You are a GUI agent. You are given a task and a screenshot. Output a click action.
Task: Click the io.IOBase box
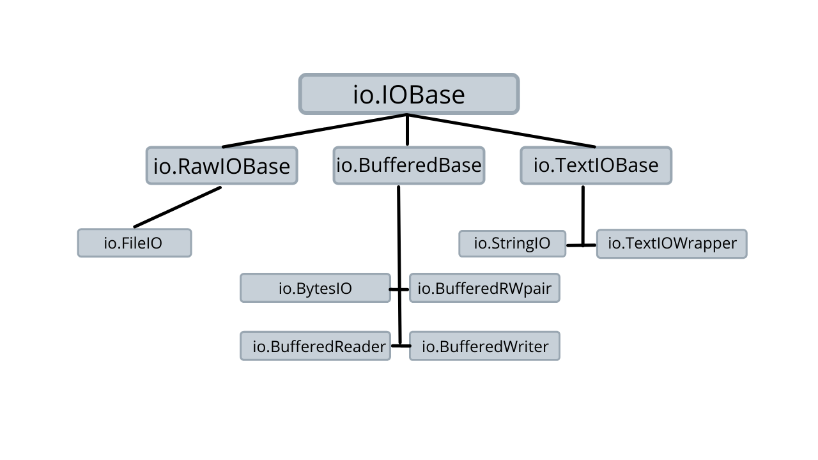(409, 94)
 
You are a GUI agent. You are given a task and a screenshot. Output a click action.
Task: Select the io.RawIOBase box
(222, 165)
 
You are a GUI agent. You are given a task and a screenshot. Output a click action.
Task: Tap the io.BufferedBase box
(409, 165)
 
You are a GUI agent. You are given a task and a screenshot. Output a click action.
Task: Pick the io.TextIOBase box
(596, 165)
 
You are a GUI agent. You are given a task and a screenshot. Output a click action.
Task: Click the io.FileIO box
(134, 243)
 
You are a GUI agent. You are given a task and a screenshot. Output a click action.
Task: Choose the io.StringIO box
(513, 243)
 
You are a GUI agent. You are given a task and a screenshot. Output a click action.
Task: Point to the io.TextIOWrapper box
(672, 244)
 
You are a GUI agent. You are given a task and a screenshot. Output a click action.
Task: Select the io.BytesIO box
(316, 288)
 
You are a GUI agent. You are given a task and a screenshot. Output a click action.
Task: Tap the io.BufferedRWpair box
(484, 288)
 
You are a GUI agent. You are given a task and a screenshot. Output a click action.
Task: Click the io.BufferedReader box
(316, 346)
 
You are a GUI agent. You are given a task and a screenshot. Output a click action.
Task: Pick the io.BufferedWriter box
(484, 346)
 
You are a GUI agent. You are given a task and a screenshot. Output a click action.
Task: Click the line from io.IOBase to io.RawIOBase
(314, 131)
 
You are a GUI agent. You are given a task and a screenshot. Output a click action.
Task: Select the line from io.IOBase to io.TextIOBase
(502, 131)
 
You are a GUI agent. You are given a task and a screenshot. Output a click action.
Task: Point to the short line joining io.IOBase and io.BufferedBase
(408, 130)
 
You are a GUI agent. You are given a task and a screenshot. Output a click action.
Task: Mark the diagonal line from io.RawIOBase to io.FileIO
(178, 207)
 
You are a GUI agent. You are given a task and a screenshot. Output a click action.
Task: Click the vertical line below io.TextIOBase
(583, 215)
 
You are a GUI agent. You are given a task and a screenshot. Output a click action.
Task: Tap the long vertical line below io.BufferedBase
(399, 265)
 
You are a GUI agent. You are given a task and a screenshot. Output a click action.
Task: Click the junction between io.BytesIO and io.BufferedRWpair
(399, 289)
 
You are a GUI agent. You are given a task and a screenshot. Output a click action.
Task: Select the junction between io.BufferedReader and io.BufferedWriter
(401, 346)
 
